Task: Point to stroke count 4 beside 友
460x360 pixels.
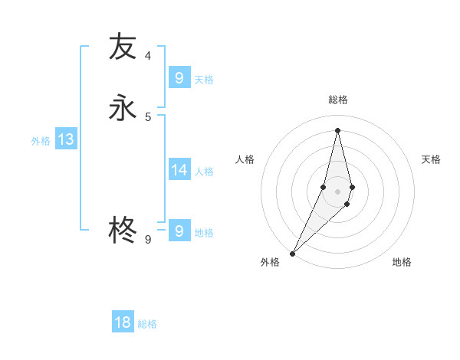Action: (148, 56)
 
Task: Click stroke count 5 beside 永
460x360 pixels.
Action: (148, 117)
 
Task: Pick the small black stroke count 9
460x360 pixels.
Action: (148, 240)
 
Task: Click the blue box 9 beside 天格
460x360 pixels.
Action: (179, 77)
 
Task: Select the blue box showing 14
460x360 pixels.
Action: (179, 169)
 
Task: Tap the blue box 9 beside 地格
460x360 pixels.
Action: (179, 231)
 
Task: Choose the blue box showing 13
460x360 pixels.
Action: (65, 139)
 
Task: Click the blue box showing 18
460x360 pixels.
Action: (123, 322)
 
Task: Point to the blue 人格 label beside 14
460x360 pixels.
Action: (204, 171)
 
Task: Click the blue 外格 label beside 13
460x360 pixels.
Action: (41, 141)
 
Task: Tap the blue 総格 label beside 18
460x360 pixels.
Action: (147, 324)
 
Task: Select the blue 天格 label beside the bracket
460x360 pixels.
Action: (204, 80)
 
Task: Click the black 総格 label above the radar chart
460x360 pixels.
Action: (338, 100)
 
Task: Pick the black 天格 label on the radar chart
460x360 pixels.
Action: (432, 159)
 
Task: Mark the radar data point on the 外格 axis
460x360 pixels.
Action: (292, 253)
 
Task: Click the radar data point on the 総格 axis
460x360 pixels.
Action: (337, 129)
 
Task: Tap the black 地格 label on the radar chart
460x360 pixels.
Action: (402, 262)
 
